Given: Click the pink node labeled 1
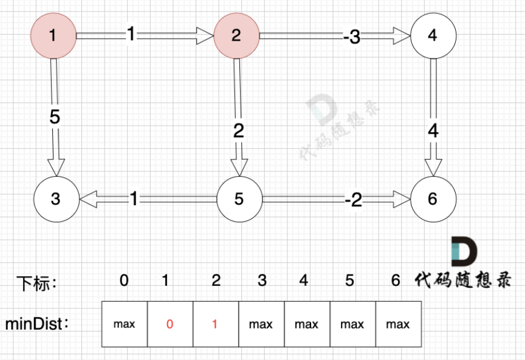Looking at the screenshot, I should click(53, 36).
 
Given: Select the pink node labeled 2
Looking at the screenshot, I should click(236, 36).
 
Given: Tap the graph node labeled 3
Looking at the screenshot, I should click(55, 199).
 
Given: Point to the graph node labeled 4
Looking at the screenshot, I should click(433, 36).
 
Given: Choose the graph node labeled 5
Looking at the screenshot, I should click(239, 199).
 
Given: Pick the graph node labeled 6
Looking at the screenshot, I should click(433, 199).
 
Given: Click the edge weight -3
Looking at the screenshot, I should click(351, 37).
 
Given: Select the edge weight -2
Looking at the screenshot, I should click(352, 199).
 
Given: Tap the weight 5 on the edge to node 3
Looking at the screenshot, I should click(55, 117).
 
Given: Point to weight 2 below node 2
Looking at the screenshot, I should click(238, 130).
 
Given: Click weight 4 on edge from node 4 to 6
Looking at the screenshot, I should click(433, 130).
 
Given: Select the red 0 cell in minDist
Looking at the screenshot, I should click(170, 324).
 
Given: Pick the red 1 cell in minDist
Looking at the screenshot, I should click(215, 324).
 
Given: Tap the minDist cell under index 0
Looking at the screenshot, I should click(124, 324).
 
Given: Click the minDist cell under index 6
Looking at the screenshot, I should click(398, 324).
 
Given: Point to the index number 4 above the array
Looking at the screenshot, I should click(304, 280).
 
